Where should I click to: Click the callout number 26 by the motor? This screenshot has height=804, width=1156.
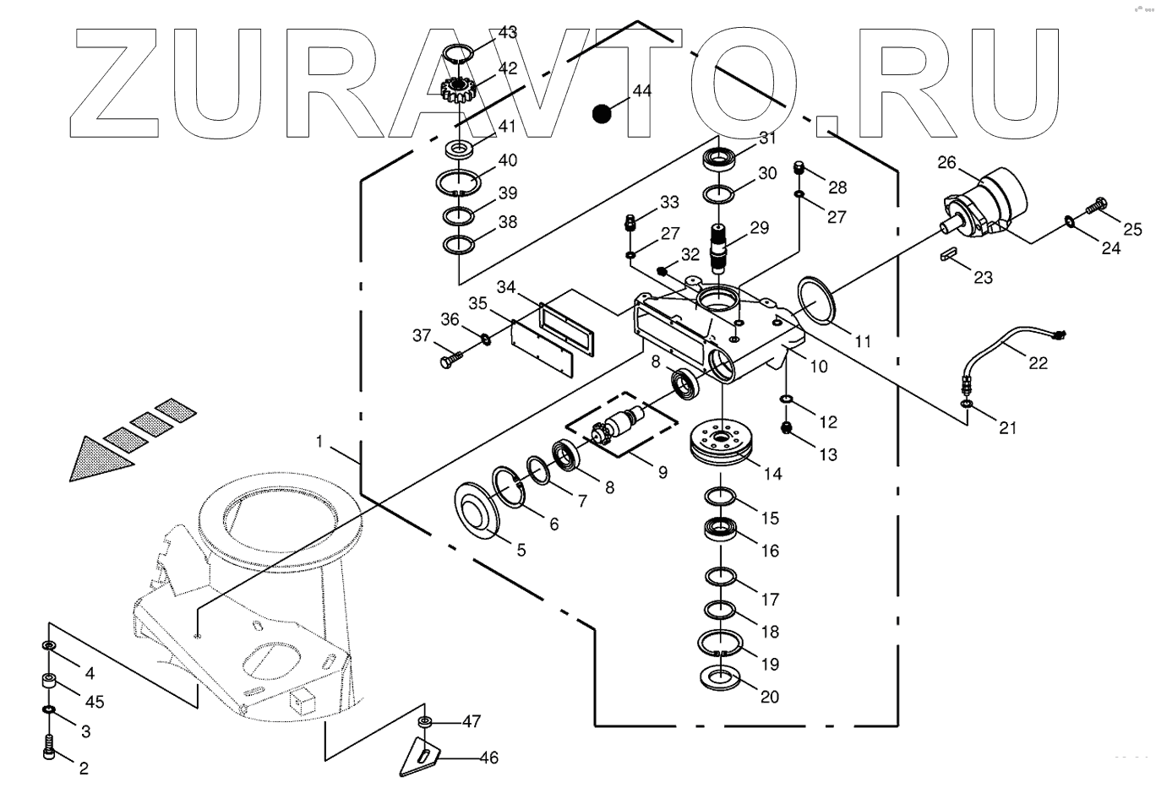click(x=946, y=162)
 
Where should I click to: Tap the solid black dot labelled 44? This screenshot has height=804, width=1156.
click(x=601, y=113)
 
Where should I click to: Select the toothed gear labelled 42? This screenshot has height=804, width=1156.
click(x=457, y=87)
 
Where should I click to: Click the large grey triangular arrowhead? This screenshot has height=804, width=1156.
click(x=101, y=461)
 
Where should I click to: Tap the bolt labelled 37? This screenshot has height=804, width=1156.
click(x=447, y=361)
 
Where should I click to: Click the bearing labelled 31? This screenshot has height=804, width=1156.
click(x=720, y=158)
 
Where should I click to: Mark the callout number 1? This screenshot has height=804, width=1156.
click(x=319, y=441)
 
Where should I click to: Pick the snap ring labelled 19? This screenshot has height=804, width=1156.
click(x=720, y=644)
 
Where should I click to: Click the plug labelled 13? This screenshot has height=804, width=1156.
click(x=787, y=429)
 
